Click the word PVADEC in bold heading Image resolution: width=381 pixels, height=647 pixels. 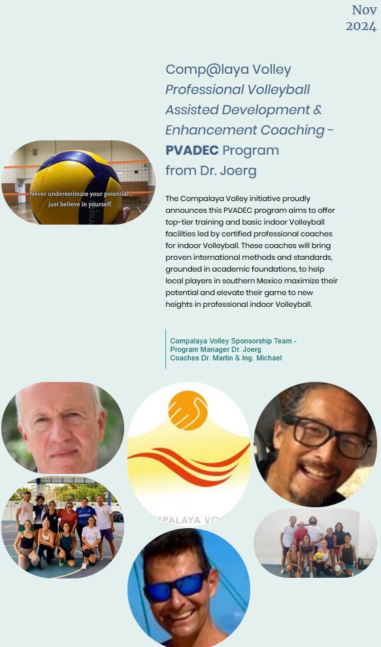coord(191,150)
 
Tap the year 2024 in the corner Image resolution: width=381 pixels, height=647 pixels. coord(361,26)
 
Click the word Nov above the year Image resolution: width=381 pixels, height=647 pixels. coord(363,10)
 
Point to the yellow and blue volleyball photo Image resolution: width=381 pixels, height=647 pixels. coord(78,182)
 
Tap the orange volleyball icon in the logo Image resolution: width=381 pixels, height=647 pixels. coord(188,411)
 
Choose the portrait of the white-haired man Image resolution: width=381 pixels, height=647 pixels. coord(62,428)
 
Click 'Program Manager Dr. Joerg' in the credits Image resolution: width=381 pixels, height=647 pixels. coord(216,349)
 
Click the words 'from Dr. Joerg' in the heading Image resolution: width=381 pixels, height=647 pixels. coord(211,170)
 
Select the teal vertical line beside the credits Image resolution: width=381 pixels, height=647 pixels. coord(166,349)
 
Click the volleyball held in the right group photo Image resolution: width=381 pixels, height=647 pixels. coord(318,558)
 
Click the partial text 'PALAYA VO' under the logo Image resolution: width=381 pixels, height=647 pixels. coord(189,520)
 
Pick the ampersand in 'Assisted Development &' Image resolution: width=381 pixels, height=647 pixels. coord(318,110)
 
